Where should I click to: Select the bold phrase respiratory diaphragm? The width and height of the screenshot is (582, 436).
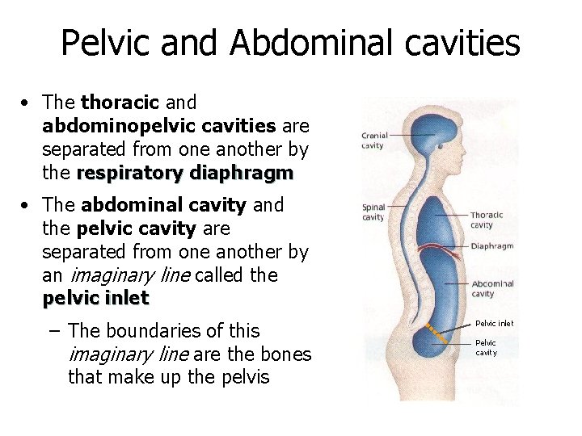(x=185, y=174)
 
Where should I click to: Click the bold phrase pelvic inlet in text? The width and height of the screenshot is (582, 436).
(x=95, y=298)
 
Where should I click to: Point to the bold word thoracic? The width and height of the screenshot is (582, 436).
(x=120, y=103)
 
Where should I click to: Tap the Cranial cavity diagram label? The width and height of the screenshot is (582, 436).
(x=374, y=140)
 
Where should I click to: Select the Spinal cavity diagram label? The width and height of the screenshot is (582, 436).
(x=373, y=212)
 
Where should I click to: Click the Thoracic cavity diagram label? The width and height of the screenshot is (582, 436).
(x=487, y=220)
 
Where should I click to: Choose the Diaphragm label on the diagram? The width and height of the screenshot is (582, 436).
(x=492, y=246)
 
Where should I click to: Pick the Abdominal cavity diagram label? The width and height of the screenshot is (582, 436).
(x=492, y=288)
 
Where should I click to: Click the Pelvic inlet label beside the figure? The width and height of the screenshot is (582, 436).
(x=494, y=324)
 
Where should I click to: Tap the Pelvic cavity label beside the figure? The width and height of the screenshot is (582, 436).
(x=486, y=347)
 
